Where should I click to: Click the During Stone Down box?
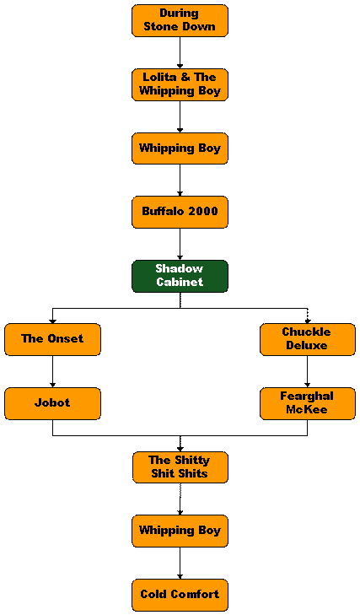click(x=180, y=21)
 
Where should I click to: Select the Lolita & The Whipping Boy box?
click(x=180, y=84)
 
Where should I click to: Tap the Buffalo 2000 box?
click(x=180, y=213)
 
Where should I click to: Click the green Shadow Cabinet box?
click(x=180, y=276)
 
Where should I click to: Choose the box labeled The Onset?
click(x=52, y=340)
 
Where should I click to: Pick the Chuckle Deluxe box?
click(x=308, y=340)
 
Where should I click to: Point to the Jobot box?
click(x=52, y=403)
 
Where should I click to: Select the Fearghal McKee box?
click(x=308, y=403)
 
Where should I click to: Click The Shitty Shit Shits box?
click(x=180, y=467)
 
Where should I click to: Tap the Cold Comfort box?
click(x=180, y=595)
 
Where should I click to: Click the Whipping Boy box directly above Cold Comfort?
click(x=180, y=531)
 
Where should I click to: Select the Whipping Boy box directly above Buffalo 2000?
click(x=180, y=148)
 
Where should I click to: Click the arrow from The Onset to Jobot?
click(x=52, y=371)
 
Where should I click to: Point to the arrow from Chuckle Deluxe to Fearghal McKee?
click(x=308, y=371)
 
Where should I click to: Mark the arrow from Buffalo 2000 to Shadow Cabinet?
click(x=180, y=245)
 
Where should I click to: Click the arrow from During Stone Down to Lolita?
click(x=180, y=53)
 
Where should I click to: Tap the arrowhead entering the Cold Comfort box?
click(x=180, y=577)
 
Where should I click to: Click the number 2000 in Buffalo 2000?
click(x=203, y=211)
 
